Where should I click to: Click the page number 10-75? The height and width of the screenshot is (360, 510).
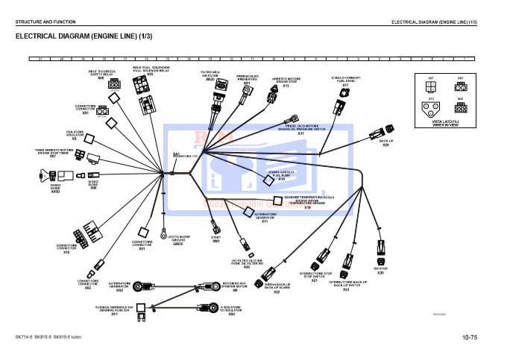pyautogui.click(x=468, y=338)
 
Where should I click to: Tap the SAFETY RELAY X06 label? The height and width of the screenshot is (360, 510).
pyautogui.click(x=101, y=74)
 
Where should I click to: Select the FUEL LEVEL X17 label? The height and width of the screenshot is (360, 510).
pyautogui.click(x=345, y=81)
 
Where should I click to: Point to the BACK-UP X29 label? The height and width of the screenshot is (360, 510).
pyautogui.click(x=385, y=142)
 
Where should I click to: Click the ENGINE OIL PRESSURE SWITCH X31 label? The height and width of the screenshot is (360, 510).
pyautogui.click(x=300, y=129)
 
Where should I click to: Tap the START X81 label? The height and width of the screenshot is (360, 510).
pyautogui.click(x=216, y=239)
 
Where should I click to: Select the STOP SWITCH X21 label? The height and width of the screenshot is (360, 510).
pyautogui.click(x=314, y=277)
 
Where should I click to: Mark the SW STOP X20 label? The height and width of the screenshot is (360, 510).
pyautogui.click(x=380, y=271)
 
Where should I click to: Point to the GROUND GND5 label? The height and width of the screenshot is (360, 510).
pyautogui.click(x=177, y=240)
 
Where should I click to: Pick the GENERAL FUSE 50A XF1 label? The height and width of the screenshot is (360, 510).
pyautogui.click(x=114, y=311)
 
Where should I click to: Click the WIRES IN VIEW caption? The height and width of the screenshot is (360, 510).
pyautogui.click(x=446, y=125)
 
